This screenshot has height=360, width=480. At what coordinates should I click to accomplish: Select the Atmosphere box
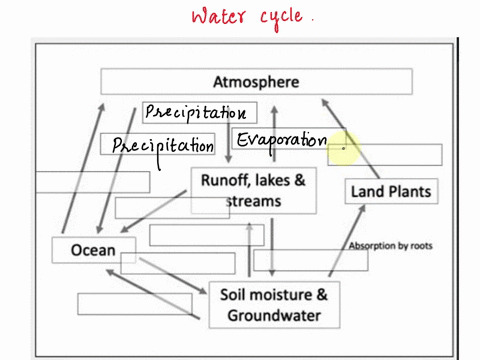(256, 81)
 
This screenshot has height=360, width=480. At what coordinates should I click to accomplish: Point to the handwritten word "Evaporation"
(282, 141)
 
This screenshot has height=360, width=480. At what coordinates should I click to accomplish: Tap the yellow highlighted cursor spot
(343, 147)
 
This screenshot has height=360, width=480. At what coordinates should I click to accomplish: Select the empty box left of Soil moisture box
(127, 302)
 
